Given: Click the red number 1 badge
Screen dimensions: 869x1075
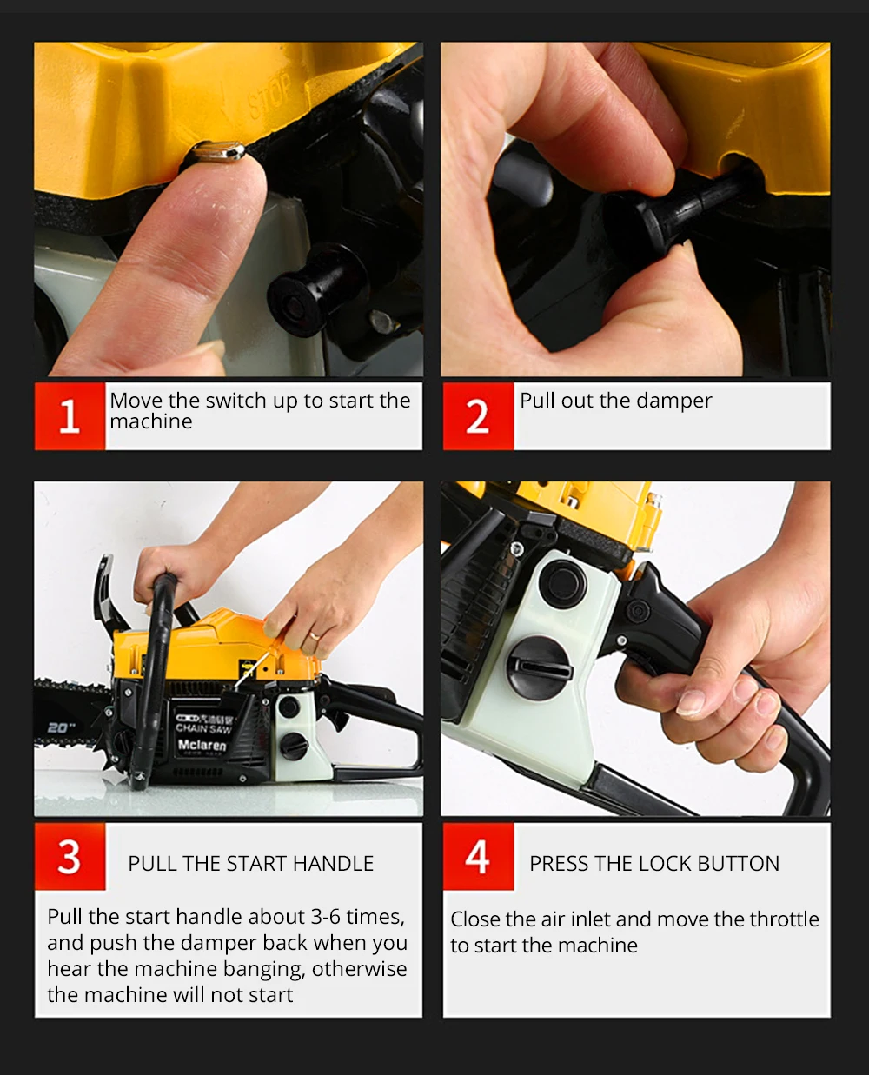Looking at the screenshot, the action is pyautogui.click(x=70, y=416).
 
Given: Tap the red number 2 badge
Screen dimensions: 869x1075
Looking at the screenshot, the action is pyautogui.click(x=479, y=416).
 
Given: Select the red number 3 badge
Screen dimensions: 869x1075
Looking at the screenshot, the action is pyautogui.click(x=70, y=857).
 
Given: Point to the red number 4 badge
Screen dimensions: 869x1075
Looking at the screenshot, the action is pyautogui.click(x=479, y=857).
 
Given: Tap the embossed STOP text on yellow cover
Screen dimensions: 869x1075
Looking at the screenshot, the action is pyautogui.click(x=270, y=96).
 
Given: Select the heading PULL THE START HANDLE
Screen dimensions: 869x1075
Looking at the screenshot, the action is pyautogui.click(x=251, y=864).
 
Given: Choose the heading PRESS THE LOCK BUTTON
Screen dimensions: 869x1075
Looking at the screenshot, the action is pyautogui.click(x=654, y=864).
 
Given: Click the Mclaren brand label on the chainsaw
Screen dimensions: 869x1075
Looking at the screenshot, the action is pyautogui.click(x=202, y=745).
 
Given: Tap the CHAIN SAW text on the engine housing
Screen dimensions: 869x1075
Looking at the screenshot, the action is pyautogui.click(x=203, y=728).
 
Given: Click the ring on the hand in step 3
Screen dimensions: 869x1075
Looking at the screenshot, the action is pyautogui.click(x=315, y=635).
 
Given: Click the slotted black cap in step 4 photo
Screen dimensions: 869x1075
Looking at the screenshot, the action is pyautogui.click(x=539, y=667).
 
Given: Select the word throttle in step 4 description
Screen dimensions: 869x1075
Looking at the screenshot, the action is pyautogui.click(x=784, y=919).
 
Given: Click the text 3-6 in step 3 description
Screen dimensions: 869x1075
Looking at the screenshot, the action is pyautogui.click(x=327, y=917).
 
